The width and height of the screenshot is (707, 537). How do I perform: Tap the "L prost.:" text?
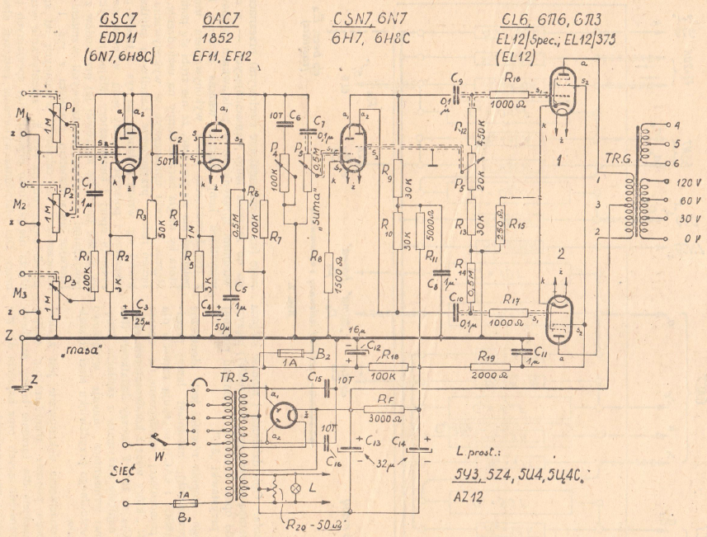click(478, 452)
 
